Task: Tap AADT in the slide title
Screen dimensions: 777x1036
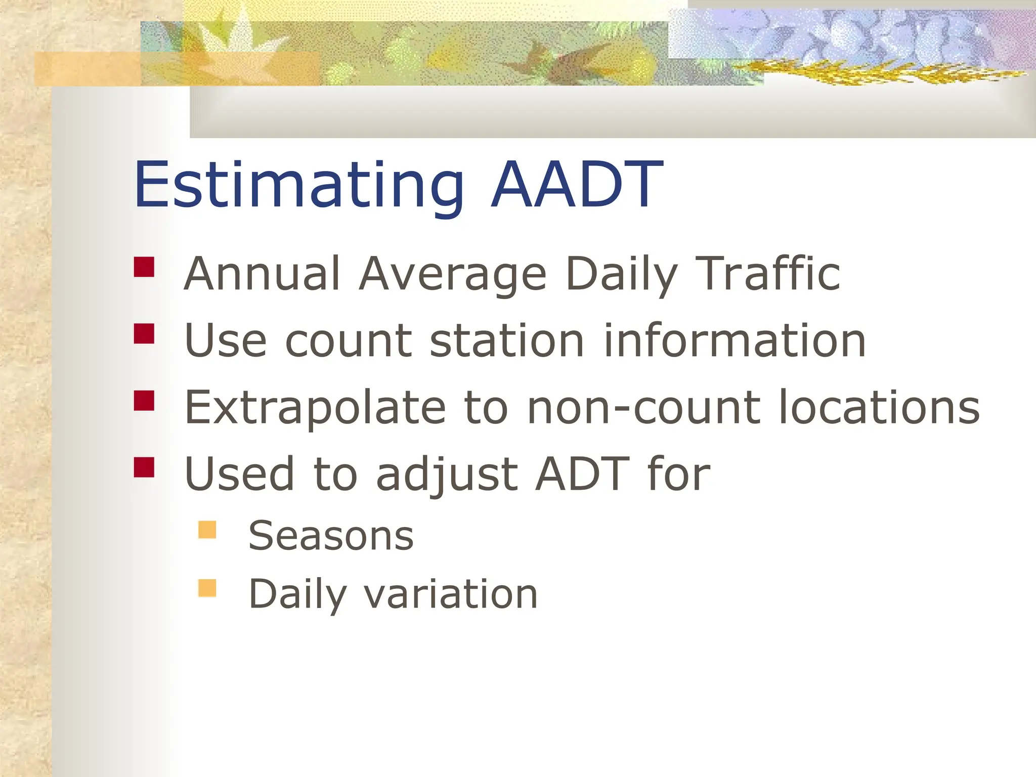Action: [x=577, y=185]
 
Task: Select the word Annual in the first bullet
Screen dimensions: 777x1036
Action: [x=262, y=274]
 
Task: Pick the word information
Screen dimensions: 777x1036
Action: [x=735, y=340]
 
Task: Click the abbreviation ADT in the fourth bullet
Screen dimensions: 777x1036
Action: [x=582, y=474]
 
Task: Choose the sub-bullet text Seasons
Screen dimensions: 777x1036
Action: [x=331, y=536]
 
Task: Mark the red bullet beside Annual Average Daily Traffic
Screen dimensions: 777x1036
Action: [x=144, y=267]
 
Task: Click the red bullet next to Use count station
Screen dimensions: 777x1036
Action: [x=144, y=334]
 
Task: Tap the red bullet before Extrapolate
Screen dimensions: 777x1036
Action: [x=144, y=401]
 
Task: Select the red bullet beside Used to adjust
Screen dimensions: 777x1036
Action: [x=144, y=467]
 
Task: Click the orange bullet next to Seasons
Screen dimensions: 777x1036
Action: [x=207, y=530]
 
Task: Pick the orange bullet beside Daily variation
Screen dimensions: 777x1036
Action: [x=207, y=588]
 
